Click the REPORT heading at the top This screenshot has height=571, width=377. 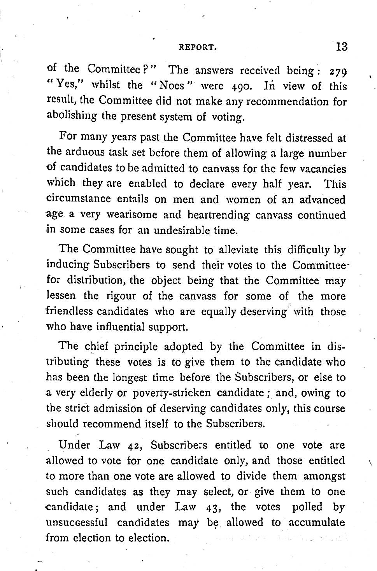tap(197, 48)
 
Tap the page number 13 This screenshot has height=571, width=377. tap(341, 47)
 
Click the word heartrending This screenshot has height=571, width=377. tap(218, 215)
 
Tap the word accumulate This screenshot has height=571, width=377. tap(317, 522)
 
